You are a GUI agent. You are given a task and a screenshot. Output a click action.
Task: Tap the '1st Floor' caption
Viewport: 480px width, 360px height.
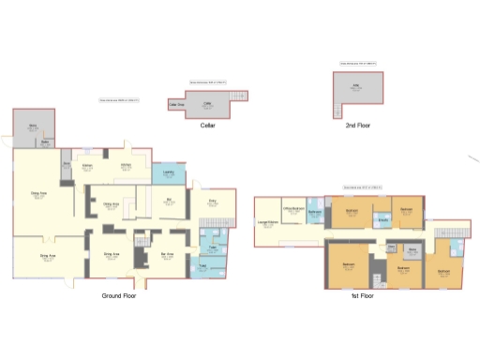click(360, 295)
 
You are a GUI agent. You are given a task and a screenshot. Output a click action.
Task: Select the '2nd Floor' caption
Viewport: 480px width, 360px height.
click(357, 124)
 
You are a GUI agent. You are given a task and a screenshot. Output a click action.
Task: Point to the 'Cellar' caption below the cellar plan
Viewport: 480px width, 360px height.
click(208, 124)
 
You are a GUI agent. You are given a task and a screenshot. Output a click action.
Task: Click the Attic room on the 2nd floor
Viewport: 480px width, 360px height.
click(357, 87)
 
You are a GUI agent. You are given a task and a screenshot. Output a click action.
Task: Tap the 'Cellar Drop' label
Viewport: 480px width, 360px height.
click(175, 105)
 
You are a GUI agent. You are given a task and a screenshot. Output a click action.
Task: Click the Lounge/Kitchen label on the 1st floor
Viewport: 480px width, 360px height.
click(266, 223)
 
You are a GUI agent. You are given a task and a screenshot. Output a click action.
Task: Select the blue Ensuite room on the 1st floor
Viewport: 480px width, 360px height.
click(383, 220)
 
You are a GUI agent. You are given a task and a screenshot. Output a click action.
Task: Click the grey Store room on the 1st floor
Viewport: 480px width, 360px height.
click(412, 251)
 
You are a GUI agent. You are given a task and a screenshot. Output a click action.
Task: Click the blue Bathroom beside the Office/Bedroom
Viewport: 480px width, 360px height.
click(315, 214)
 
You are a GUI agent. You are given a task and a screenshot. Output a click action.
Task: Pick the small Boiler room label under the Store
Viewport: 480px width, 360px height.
click(44, 143)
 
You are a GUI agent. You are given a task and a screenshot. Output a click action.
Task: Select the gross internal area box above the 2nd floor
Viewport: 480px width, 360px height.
click(357, 64)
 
